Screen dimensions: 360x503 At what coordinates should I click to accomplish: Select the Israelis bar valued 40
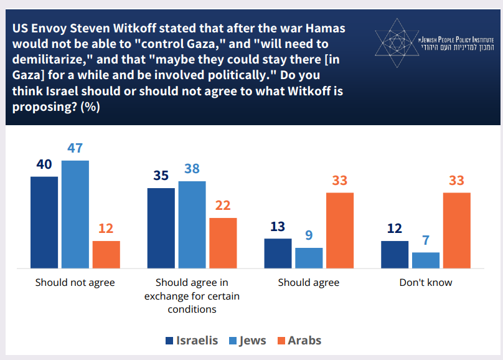pos(44,222)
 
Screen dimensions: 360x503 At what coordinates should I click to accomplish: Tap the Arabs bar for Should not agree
pos(106,254)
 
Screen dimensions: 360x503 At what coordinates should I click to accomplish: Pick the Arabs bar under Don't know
pos(457,230)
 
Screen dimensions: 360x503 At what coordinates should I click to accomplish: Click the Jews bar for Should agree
pos(309,258)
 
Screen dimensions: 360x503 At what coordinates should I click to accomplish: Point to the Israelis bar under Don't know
pos(395,254)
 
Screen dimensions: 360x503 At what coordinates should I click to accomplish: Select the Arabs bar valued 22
pos(223,243)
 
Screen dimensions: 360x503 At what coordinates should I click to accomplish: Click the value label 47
pos(75,148)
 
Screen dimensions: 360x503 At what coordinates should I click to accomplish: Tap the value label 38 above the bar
pos(192,169)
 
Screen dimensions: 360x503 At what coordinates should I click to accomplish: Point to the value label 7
pos(426,240)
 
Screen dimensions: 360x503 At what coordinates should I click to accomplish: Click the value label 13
pos(278,226)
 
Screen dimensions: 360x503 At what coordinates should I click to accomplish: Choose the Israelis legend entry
pos(192,340)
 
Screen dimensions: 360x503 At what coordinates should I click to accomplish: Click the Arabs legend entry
pos(298,340)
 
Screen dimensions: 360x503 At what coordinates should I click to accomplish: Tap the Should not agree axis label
pos(75,282)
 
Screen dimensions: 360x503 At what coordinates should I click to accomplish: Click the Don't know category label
pos(426,282)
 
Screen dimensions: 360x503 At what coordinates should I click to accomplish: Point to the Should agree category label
pos(309,282)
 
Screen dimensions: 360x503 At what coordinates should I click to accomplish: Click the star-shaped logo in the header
pos(395,42)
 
